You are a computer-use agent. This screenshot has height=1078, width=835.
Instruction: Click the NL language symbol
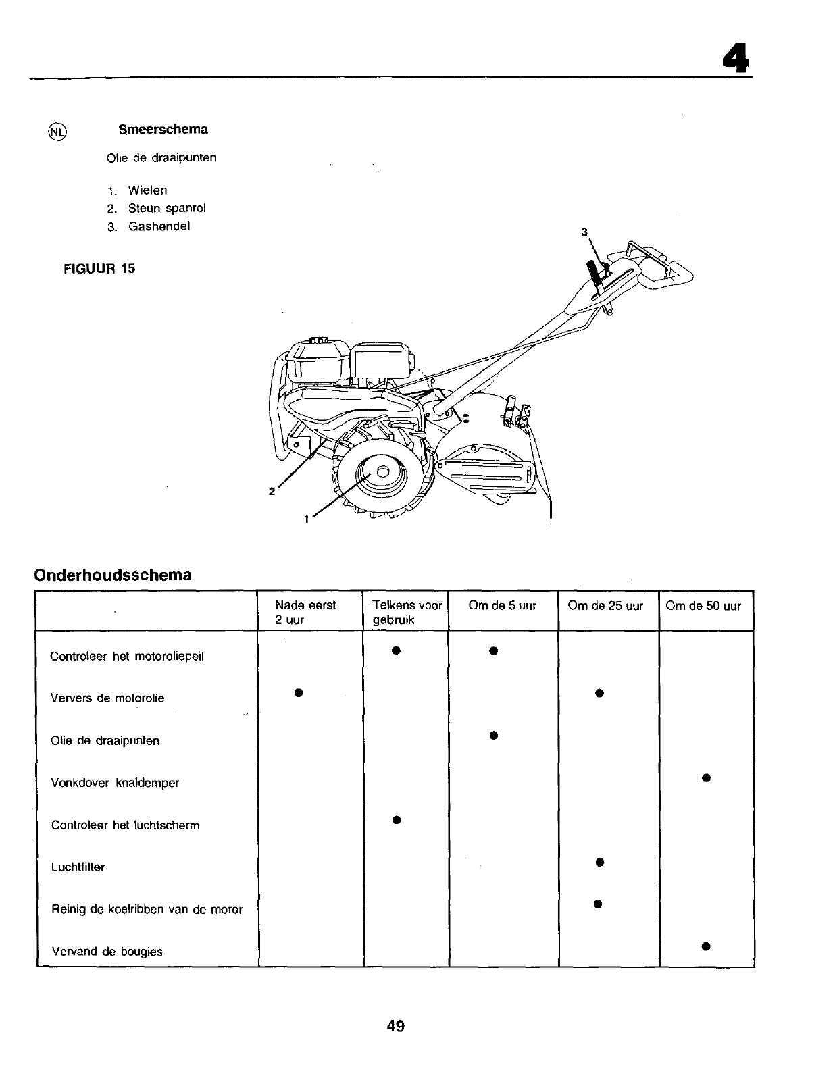click(x=58, y=132)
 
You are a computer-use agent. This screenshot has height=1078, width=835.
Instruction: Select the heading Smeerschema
click(x=163, y=129)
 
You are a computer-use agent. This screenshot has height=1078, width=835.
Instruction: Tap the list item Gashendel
click(x=159, y=226)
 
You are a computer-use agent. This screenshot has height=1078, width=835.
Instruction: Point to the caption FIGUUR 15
click(x=99, y=268)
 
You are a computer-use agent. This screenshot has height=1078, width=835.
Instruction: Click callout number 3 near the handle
click(x=584, y=232)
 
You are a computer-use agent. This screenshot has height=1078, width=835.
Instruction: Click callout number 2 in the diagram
click(x=272, y=491)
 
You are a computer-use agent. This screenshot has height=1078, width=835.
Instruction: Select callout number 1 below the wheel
click(x=306, y=519)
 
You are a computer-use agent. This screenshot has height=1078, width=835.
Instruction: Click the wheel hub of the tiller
click(x=381, y=472)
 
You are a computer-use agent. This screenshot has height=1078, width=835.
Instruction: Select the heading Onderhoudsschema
click(x=113, y=575)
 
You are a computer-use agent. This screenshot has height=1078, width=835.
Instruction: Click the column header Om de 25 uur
click(x=605, y=606)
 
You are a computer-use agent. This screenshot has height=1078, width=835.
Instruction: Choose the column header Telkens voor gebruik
click(x=407, y=613)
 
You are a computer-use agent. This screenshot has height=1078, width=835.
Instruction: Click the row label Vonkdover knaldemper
click(x=115, y=783)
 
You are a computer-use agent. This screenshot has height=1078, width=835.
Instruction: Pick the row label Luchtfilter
click(x=78, y=867)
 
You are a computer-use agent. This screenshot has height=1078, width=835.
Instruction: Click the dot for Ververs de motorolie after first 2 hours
click(x=297, y=692)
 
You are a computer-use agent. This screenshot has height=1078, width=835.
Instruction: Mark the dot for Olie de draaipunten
click(x=494, y=735)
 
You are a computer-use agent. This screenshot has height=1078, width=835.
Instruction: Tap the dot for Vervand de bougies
click(x=705, y=946)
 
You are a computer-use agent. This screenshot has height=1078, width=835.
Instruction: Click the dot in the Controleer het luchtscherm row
click(x=397, y=820)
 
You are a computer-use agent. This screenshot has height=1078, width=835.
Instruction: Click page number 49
click(x=396, y=1026)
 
